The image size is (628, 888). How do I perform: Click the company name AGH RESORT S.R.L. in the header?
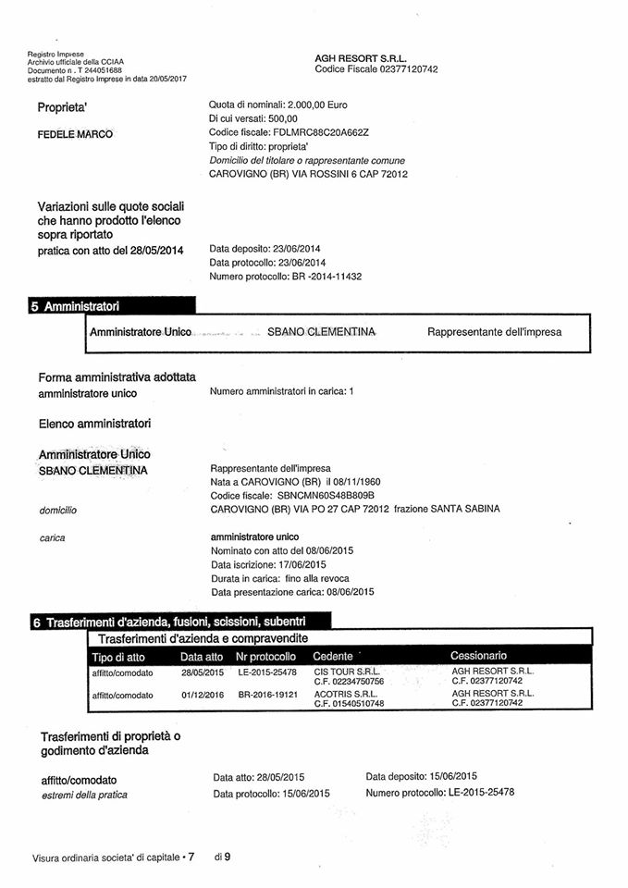click(360, 57)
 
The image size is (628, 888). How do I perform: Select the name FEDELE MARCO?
click(75, 134)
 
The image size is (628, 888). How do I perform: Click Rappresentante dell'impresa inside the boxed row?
click(494, 331)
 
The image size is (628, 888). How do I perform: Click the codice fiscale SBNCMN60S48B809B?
click(315, 496)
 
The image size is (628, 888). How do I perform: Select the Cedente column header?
click(333, 656)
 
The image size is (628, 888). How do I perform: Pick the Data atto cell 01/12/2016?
click(203, 694)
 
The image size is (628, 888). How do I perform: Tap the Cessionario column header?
click(478, 656)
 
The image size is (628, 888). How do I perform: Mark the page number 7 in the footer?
click(191, 857)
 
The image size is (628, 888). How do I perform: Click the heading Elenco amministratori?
click(94, 424)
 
